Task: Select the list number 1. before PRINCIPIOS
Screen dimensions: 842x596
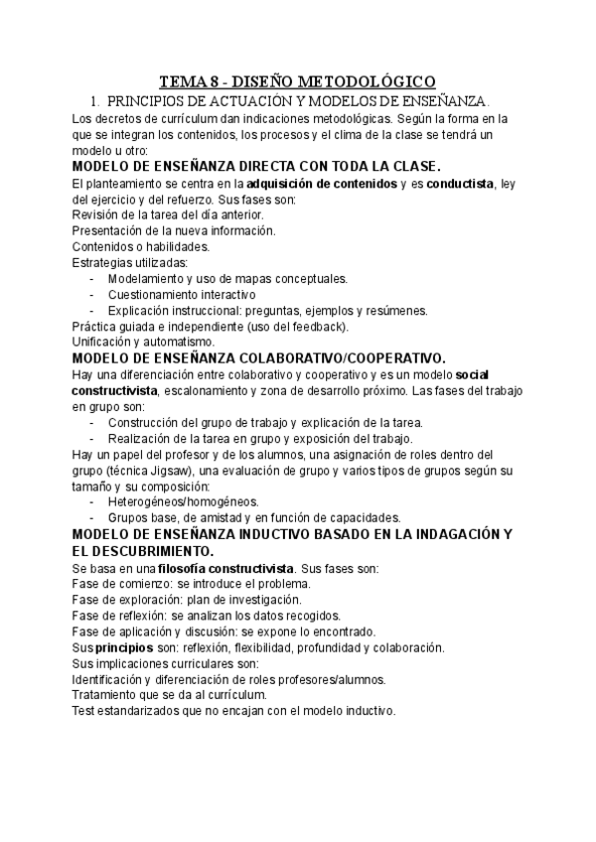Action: [x=94, y=101]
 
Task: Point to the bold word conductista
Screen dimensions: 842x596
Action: [x=462, y=184]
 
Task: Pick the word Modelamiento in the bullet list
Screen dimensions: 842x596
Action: [x=149, y=278]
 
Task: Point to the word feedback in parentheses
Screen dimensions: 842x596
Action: [x=317, y=326]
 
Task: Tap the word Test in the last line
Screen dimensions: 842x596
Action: [x=85, y=711]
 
